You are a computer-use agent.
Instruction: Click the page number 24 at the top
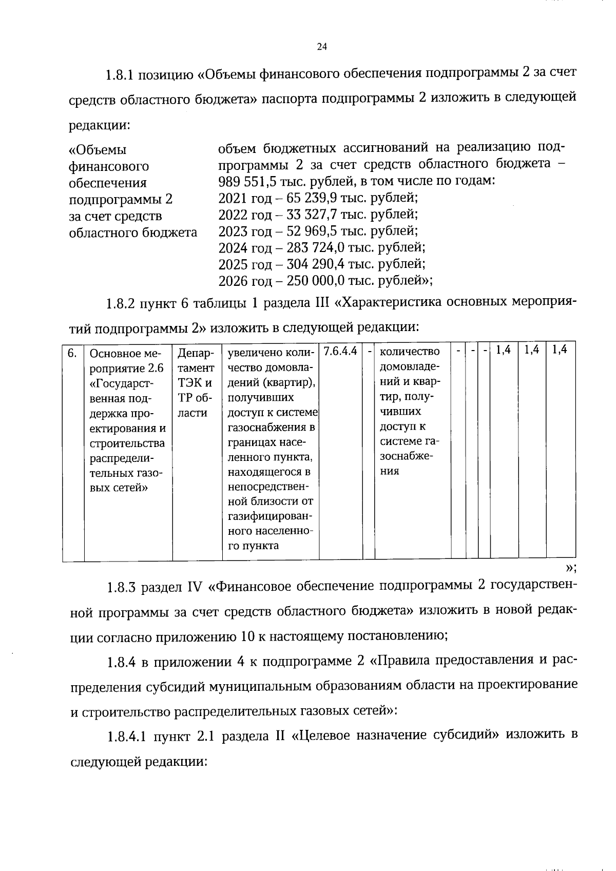tap(322, 47)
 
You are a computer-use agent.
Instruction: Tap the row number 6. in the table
tap(72, 353)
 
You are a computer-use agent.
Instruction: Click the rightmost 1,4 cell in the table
tap(560, 350)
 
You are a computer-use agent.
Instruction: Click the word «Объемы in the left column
tap(98, 150)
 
